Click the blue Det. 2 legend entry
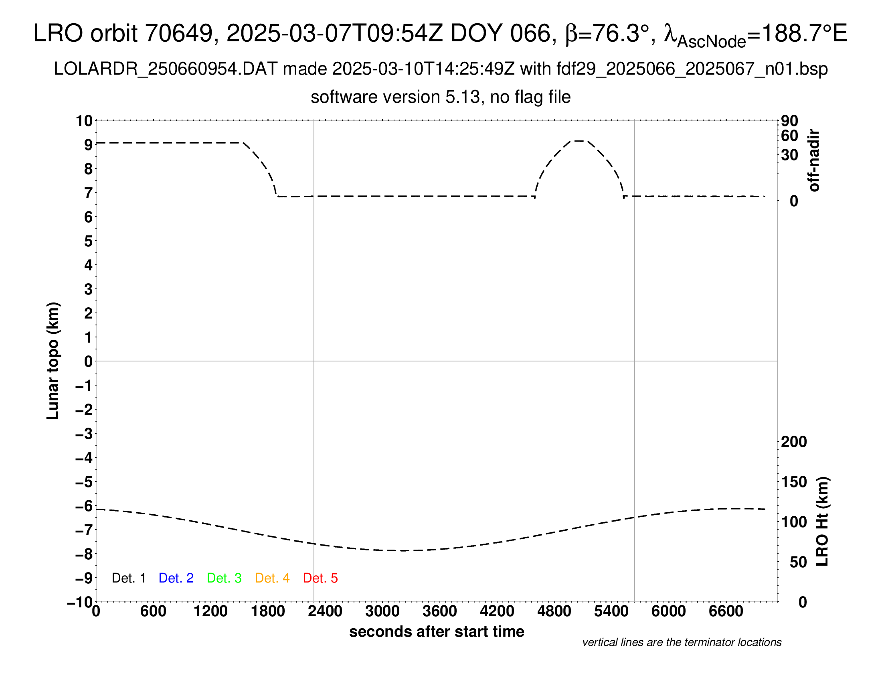176,578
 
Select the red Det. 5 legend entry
320,578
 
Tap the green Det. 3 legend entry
224,578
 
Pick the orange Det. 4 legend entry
272,578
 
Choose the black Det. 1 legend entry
128,578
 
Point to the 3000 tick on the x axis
382,611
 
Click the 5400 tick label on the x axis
611,611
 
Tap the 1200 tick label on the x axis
210,611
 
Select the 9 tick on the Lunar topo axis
88,145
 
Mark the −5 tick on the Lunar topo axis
84,482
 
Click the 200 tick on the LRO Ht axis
794,442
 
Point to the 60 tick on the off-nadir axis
789,136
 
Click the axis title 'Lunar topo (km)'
53,361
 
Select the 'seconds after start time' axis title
437,631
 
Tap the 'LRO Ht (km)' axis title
822,521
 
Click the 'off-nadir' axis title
814,160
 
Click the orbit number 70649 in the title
179,33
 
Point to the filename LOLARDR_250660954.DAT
166,69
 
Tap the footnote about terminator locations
682,642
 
